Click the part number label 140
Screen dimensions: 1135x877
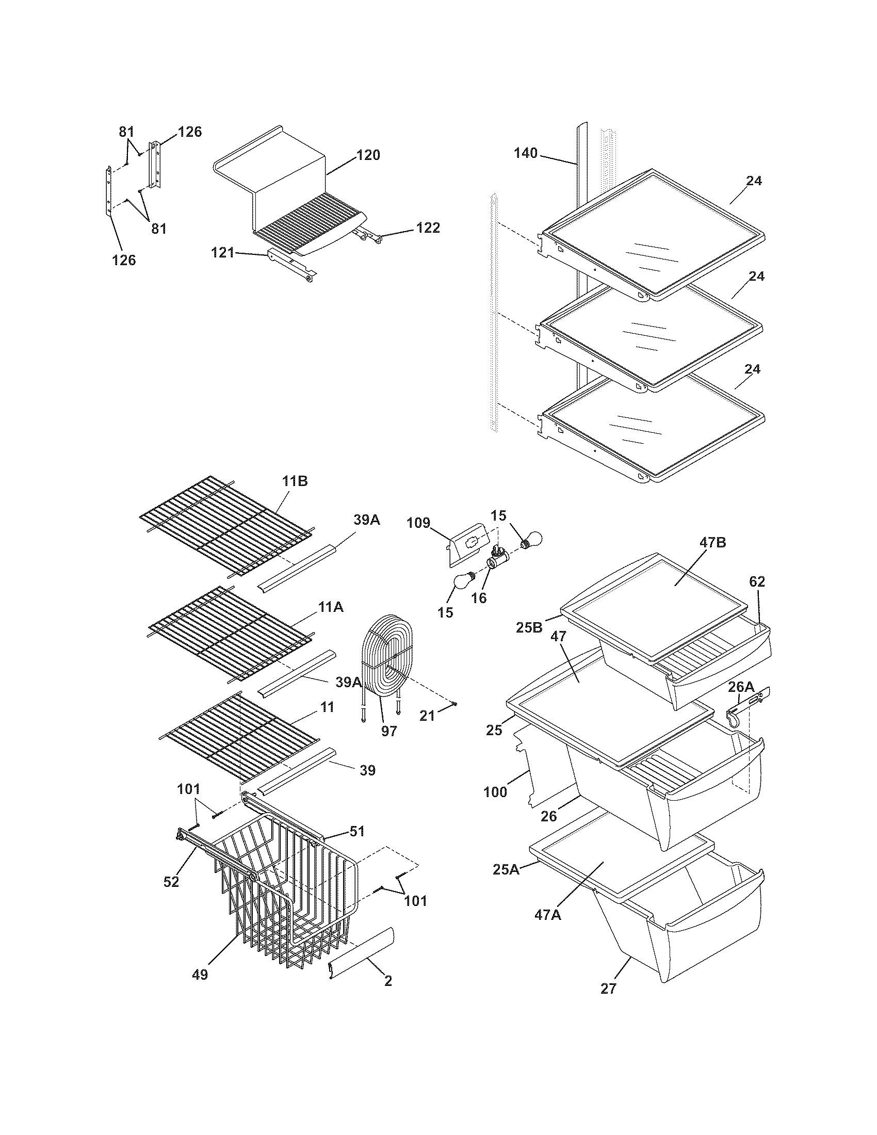point(526,153)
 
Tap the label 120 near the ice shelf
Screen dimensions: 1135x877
point(368,155)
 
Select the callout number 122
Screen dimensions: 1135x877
point(428,228)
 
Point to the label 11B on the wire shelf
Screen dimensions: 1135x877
point(295,481)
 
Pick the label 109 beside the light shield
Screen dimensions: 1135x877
point(419,522)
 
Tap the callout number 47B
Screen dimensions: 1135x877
point(712,543)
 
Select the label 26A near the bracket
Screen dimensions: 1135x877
point(740,687)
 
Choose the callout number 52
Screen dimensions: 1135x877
point(171,881)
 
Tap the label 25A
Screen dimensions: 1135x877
point(506,869)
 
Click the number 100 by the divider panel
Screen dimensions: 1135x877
point(495,793)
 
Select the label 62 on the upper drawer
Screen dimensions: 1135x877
point(757,582)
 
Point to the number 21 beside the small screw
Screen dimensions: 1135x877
point(427,716)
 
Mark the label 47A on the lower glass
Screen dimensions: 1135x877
point(547,915)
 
